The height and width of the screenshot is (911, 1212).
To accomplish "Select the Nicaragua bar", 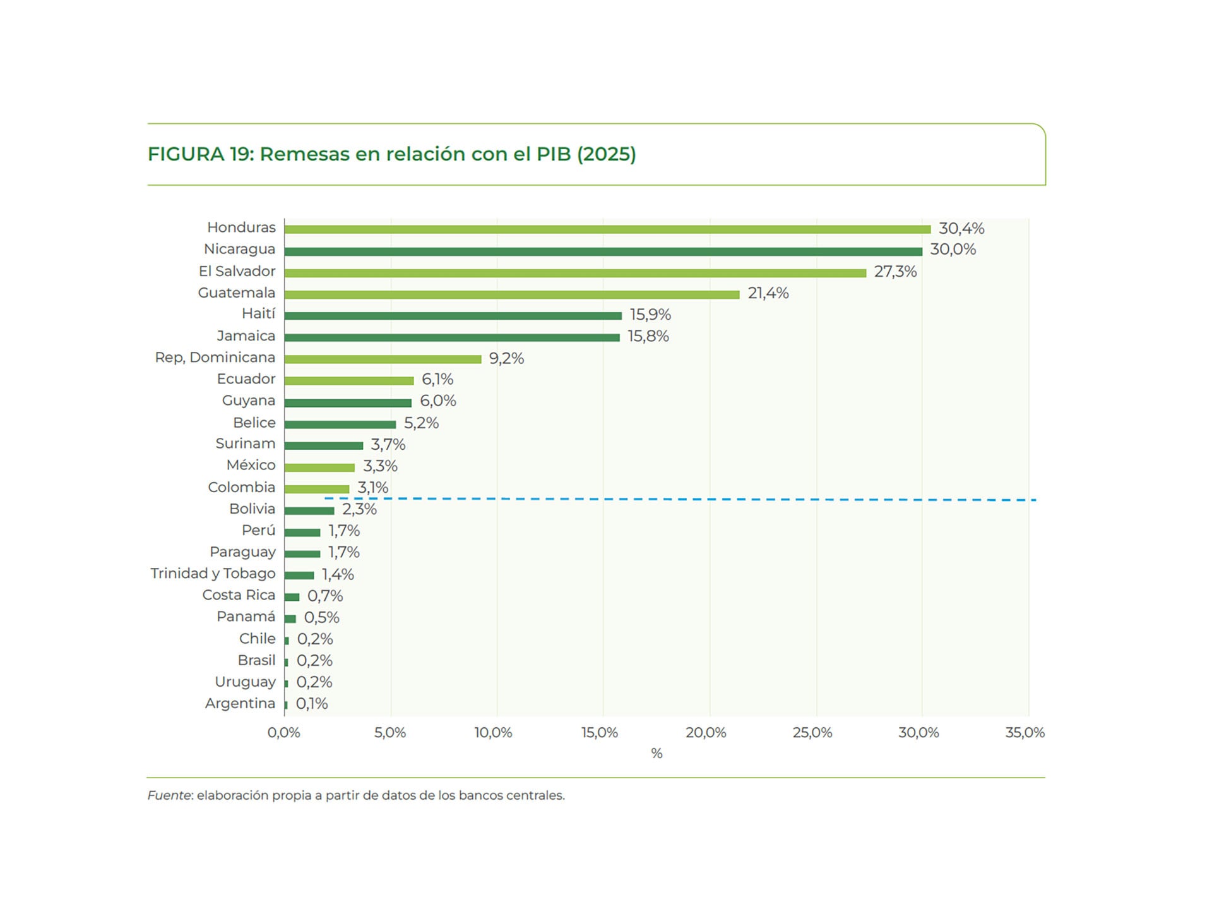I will pos(603,251).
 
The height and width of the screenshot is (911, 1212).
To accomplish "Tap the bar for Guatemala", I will pos(511,294).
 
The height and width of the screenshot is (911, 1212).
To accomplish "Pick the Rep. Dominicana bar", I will pos(383,359).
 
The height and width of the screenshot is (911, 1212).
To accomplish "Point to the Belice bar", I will pos(340,425).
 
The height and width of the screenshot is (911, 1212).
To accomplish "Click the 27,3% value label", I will pos(894,272).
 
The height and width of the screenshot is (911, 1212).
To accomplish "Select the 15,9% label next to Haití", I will pos(650,315).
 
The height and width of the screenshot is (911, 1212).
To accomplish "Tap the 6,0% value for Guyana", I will pos(437,401).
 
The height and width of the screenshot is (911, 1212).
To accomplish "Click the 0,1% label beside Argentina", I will pos(312,703).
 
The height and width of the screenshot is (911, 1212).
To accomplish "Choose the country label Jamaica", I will pos(246,336).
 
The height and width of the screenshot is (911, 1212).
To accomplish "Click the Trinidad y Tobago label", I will pos(213,573).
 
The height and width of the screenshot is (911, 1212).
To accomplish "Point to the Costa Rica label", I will pos(238,595).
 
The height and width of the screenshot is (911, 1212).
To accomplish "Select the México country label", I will pos(251,465).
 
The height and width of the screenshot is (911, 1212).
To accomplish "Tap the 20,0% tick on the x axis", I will pos(706,733).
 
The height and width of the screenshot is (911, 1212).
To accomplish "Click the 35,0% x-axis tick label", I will pos(1024,733).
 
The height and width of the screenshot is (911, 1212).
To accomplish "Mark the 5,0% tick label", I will pos(389,733).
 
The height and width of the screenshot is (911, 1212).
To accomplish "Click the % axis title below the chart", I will pos(656,753).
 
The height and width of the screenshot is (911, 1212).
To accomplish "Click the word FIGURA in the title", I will pos(186,154).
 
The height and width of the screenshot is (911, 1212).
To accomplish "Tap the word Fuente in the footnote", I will pos(169,795).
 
